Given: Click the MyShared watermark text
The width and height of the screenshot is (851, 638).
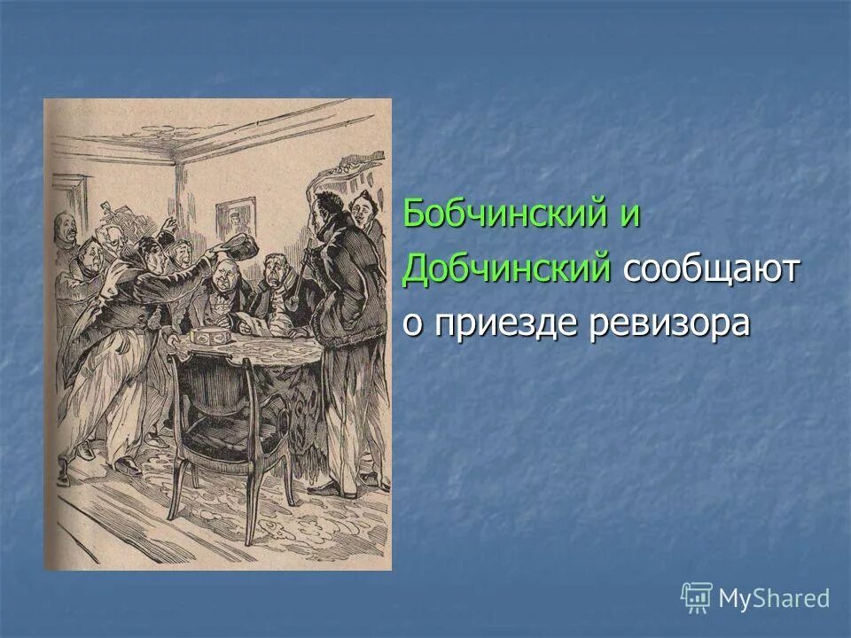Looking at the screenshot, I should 774,598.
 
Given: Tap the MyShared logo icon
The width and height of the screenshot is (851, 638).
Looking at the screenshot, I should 697,598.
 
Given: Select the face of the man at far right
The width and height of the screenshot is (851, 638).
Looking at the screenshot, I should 362,210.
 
